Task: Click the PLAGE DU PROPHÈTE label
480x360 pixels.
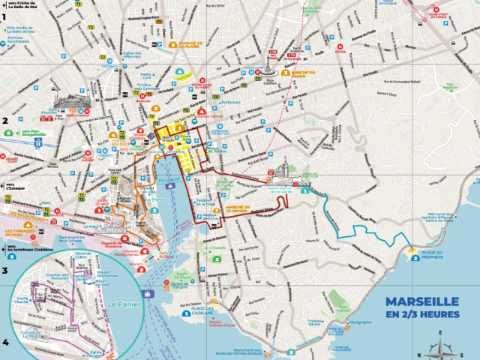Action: point(433,254)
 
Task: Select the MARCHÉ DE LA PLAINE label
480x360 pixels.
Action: point(192,45)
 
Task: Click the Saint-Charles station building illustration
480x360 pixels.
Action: point(69,104)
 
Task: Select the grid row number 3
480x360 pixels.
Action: point(4,271)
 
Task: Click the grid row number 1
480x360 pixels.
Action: point(4,16)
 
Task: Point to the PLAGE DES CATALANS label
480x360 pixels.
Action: point(197,310)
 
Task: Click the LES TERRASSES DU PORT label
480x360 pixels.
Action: point(20,234)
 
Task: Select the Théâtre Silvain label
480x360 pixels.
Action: point(314,323)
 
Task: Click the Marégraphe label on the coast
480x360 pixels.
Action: point(360,323)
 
